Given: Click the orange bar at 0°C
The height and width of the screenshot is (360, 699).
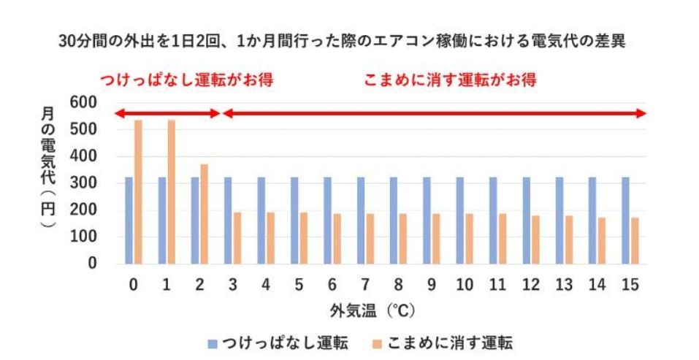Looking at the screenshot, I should point(137,192).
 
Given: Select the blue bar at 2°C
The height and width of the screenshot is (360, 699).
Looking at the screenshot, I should point(195,220).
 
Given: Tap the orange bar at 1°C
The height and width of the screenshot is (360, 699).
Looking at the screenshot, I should point(171,192).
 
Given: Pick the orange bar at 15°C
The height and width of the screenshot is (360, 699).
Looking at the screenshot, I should point(635,240).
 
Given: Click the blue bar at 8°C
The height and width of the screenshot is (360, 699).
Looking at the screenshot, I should point(394,220).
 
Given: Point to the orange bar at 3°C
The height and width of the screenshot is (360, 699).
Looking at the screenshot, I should point(237,238).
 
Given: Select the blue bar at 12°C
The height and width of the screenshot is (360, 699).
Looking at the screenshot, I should point(526,220).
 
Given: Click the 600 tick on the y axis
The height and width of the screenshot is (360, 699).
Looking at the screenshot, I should point(83,103).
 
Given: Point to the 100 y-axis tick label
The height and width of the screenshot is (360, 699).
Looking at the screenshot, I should point(83,237).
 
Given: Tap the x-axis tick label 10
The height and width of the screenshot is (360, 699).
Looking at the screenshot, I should point(463,284).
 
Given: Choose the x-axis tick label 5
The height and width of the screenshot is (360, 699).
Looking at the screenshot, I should point(298,284).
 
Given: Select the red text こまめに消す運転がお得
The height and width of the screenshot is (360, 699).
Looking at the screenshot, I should point(450,80).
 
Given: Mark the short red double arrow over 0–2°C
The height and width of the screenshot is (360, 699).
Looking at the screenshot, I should point(167,113).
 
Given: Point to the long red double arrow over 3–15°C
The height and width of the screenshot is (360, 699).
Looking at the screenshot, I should point(434,113).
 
